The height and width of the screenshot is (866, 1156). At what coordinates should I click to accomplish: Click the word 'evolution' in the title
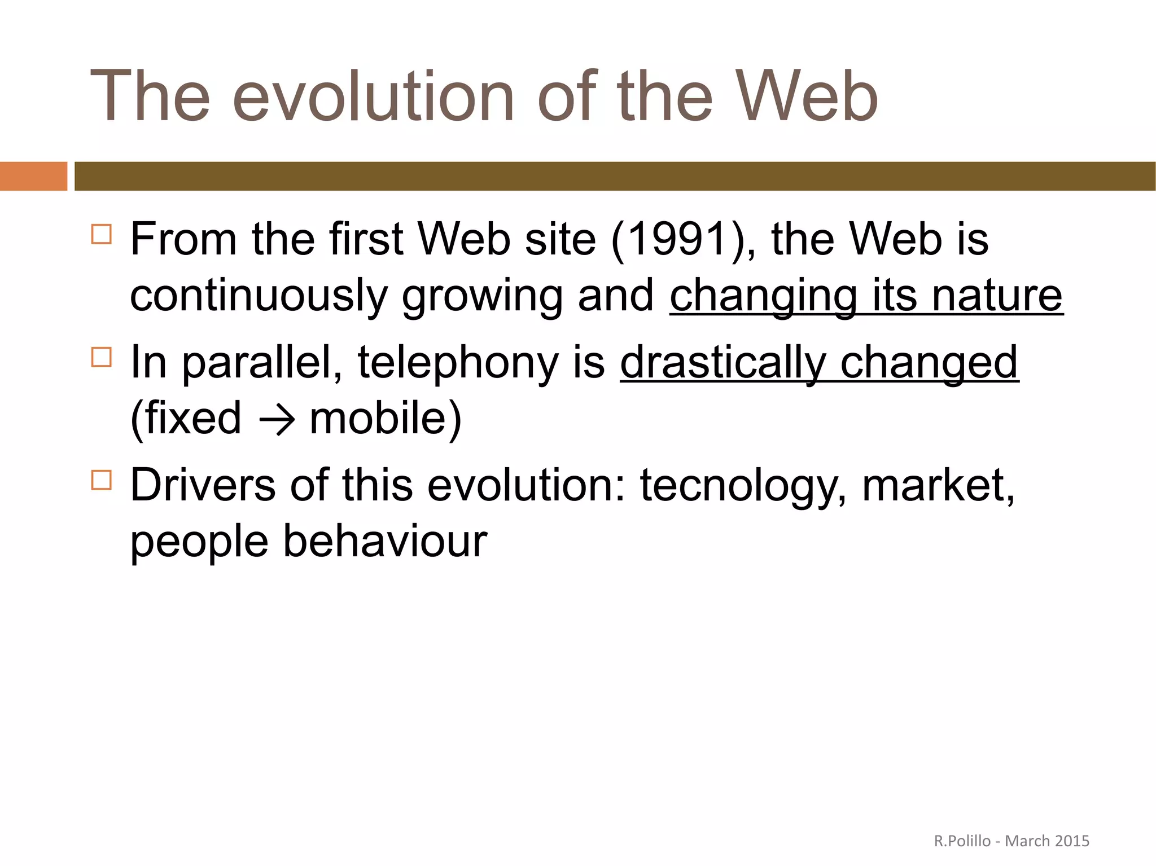tap(373, 96)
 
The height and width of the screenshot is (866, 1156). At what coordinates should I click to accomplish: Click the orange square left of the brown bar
tap(33, 176)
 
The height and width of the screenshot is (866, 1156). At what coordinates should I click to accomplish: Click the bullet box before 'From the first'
tap(102, 234)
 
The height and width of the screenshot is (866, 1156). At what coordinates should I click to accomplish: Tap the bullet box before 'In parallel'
tap(102, 357)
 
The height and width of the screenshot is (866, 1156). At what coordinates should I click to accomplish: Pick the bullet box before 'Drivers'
tap(102, 480)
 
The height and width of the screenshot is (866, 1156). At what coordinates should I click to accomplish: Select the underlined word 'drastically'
tap(723, 362)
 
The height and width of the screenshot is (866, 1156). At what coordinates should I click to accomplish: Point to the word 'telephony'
tap(458, 362)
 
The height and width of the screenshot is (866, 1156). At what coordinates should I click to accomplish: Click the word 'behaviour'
tap(385, 542)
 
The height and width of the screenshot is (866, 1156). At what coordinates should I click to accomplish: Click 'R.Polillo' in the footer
tap(962, 841)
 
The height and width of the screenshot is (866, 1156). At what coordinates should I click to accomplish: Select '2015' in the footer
tap(1072, 841)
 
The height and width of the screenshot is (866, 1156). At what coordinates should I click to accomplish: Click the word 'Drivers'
tap(203, 485)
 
